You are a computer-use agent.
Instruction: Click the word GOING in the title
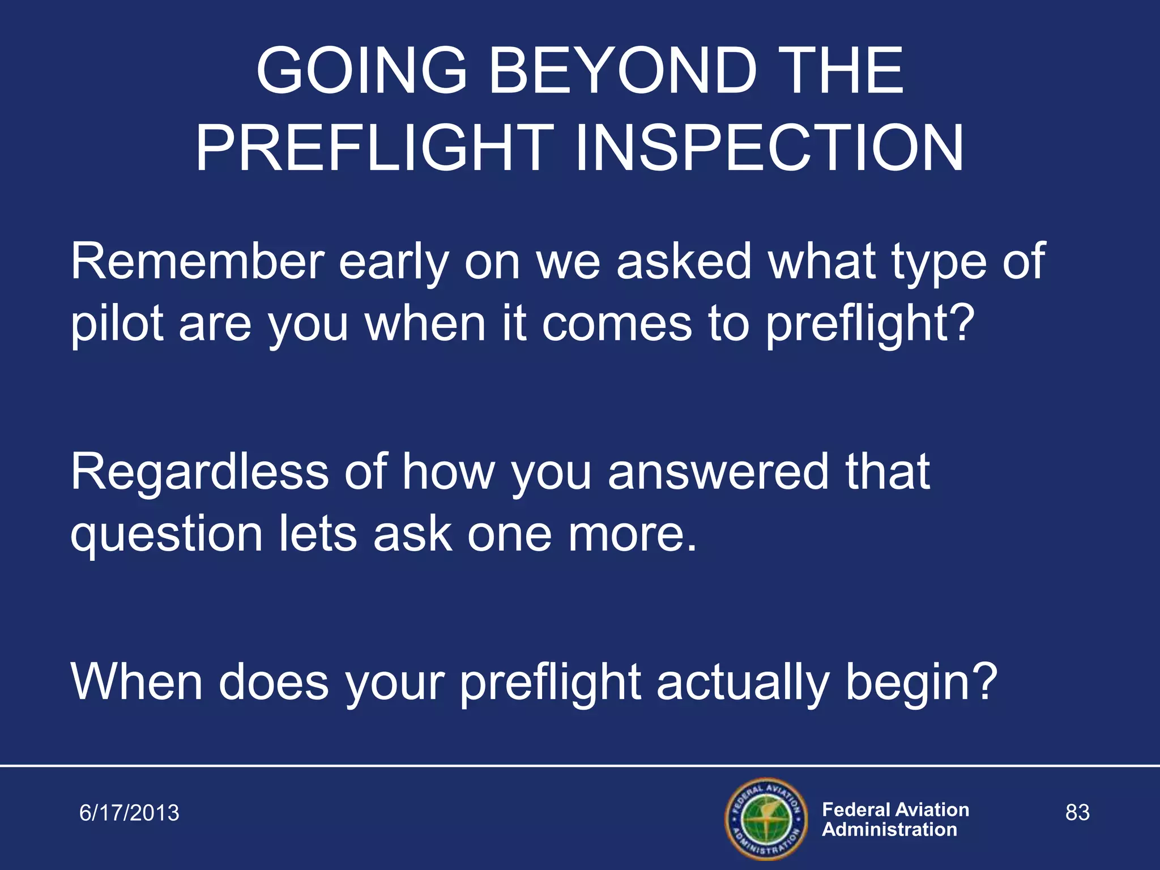[x=361, y=72]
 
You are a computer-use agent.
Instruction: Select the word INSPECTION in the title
[x=769, y=148]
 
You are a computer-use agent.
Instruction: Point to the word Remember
[x=197, y=262]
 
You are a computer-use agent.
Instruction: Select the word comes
[x=617, y=325]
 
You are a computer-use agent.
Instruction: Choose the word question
[x=167, y=536]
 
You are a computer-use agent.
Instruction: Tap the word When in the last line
[x=137, y=682]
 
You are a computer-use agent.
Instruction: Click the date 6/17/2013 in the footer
[x=129, y=813]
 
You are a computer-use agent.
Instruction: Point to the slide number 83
[x=1077, y=813]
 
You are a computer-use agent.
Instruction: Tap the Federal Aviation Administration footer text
[x=895, y=820]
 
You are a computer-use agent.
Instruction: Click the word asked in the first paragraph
[x=684, y=262]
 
